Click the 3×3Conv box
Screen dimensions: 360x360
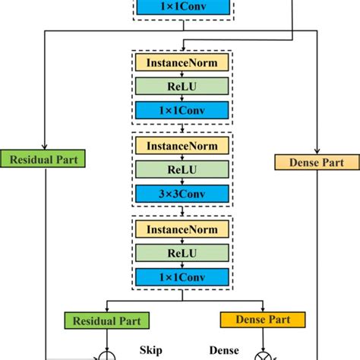click(182, 194)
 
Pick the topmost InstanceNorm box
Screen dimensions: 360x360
click(182, 62)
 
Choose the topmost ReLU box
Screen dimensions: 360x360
click(182, 86)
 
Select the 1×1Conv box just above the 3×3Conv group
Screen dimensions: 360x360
click(182, 111)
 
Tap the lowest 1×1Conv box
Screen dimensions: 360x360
click(182, 276)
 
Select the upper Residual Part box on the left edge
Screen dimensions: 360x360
click(46, 159)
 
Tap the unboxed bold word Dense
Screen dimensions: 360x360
click(224, 350)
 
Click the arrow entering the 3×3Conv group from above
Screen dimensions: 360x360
click(182, 130)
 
